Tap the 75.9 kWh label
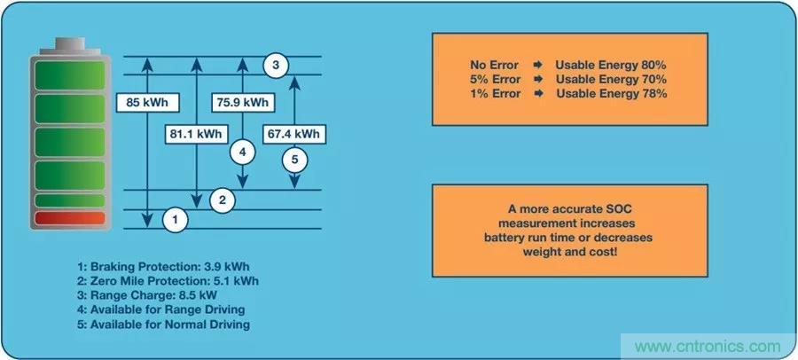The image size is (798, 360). [x=242, y=102]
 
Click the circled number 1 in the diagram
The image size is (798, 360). [x=176, y=218]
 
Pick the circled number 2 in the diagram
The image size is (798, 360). [x=224, y=200]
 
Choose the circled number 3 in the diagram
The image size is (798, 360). [x=276, y=65]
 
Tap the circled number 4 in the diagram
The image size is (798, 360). [x=242, y=151]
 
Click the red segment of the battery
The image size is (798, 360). [x=69, y=218]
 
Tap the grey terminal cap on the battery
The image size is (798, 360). [x=69, y=44]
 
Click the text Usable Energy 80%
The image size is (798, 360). [x=611, y=66]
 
